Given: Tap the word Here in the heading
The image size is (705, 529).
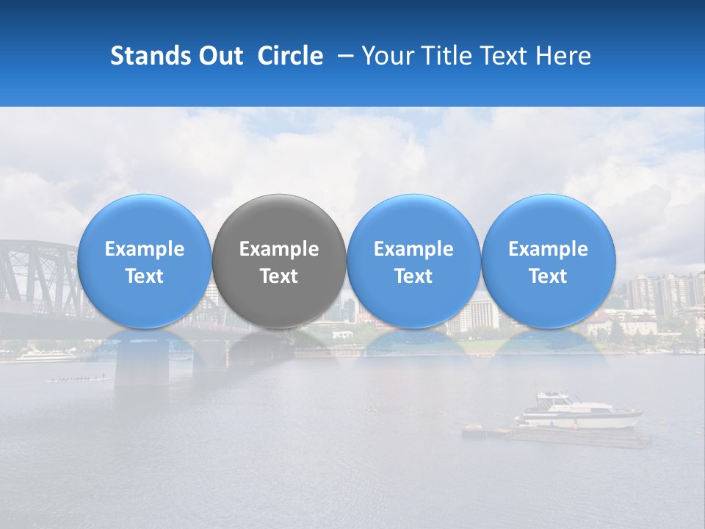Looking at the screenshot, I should (563, 56).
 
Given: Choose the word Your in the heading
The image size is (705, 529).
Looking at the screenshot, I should (388, 56).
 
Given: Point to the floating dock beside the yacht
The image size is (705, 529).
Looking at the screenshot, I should (558, 436).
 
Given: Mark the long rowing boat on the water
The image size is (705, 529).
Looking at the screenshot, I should (76, 378).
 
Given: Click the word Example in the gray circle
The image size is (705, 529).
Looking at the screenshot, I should (279, 249).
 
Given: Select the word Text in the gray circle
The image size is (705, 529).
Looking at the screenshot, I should (279, 276).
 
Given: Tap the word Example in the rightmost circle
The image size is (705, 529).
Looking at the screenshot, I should (548, 249).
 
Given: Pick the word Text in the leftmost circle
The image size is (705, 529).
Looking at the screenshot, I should (144, 276).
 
